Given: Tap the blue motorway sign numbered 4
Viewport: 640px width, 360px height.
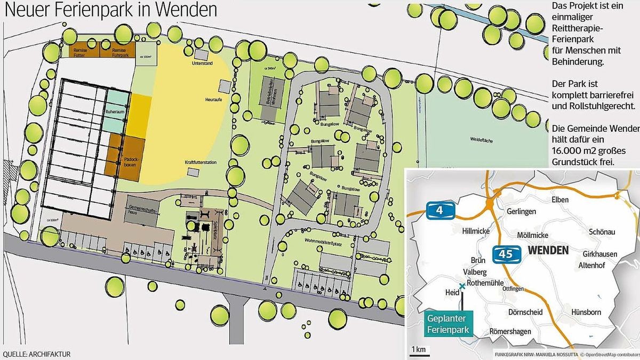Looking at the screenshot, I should pos(440,211).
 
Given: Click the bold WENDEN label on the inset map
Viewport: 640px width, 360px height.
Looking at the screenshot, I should pos(549,250).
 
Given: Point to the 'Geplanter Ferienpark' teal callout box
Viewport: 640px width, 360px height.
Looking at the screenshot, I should pos(449,324).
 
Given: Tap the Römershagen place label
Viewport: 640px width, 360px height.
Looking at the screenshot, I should pos(509,332).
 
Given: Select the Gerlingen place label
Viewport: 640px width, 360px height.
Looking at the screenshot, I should pos(521,211).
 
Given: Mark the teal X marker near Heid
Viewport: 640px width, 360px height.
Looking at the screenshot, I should pos(462,286).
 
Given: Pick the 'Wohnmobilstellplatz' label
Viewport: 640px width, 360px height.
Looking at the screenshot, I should pos(323,242).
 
